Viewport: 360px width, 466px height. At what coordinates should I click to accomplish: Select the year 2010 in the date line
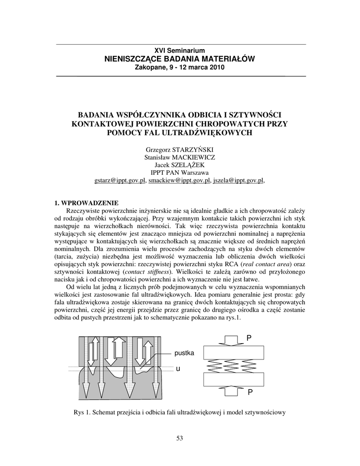tap(217, 67)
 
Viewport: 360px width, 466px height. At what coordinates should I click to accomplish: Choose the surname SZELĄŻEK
tap(189, 165)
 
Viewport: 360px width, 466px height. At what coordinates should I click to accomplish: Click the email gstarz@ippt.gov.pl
tap(120, 180)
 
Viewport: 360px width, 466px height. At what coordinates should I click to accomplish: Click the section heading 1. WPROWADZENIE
tap(86, 203)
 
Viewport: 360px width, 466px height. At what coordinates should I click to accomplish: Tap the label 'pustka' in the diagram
tap(184, 353)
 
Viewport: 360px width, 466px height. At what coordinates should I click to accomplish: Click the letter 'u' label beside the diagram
tap(178, 369)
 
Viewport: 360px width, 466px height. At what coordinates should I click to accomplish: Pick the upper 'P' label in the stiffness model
tap(249, 338)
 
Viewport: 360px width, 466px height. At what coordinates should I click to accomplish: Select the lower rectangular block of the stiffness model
tap(233, 379)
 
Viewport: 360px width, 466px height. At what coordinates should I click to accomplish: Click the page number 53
tap(179, 438)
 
